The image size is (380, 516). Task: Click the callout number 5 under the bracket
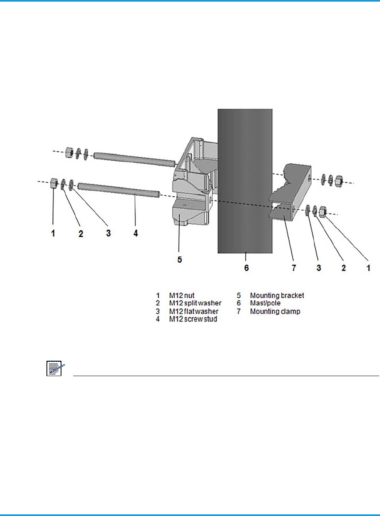(x=180, y=259)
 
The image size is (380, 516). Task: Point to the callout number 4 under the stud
(x=136, y=233)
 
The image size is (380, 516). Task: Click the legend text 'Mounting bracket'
(x=277, y=296)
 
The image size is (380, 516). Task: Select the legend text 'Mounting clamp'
(x=275, y=311)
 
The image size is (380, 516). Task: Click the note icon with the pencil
(x=53, y=369)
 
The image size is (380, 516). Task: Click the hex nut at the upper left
(x=69, y=152)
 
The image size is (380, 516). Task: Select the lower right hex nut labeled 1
(x=323, y=211)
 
